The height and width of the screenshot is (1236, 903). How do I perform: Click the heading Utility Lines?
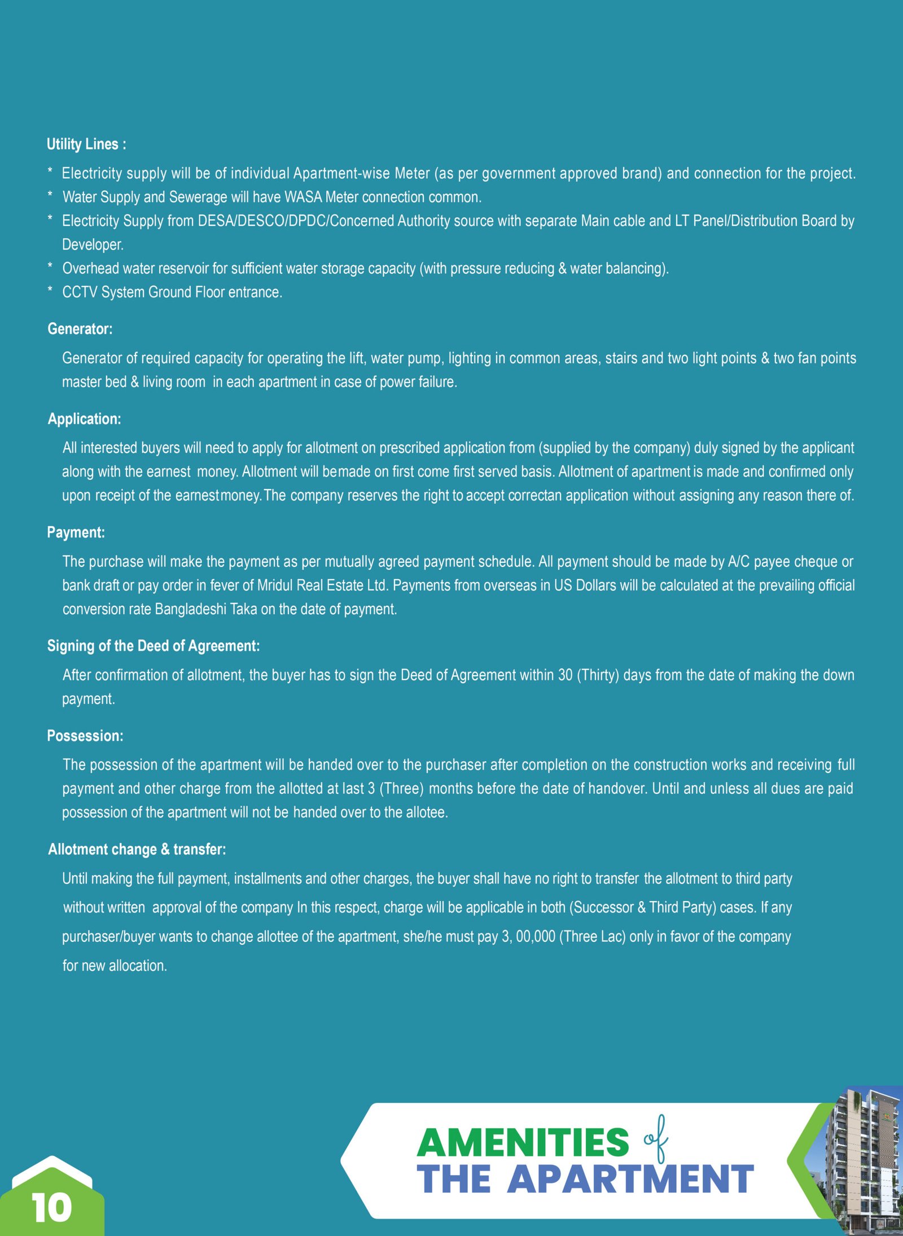click(86, 144)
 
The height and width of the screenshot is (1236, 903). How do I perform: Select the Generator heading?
click(80, 329)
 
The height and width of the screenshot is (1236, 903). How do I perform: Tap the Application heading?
click(84, 419)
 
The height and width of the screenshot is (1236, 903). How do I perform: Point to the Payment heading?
click(76, 532)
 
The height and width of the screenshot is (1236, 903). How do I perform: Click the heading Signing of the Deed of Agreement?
click(153, 646)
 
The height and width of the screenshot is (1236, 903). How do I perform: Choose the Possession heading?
click(85, 736)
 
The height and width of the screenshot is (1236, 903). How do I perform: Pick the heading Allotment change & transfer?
click(137, 849)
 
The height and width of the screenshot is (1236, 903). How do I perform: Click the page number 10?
click(52, 1208)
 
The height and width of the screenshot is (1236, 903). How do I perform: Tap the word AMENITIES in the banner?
click(523, 1142)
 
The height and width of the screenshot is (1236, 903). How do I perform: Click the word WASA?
click(303, 197)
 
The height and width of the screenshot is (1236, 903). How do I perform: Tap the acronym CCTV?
click(80, 292)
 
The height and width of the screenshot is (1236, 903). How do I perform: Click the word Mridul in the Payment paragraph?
click(275, 585)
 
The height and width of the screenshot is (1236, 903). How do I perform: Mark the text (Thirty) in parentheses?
click(598, 675)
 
